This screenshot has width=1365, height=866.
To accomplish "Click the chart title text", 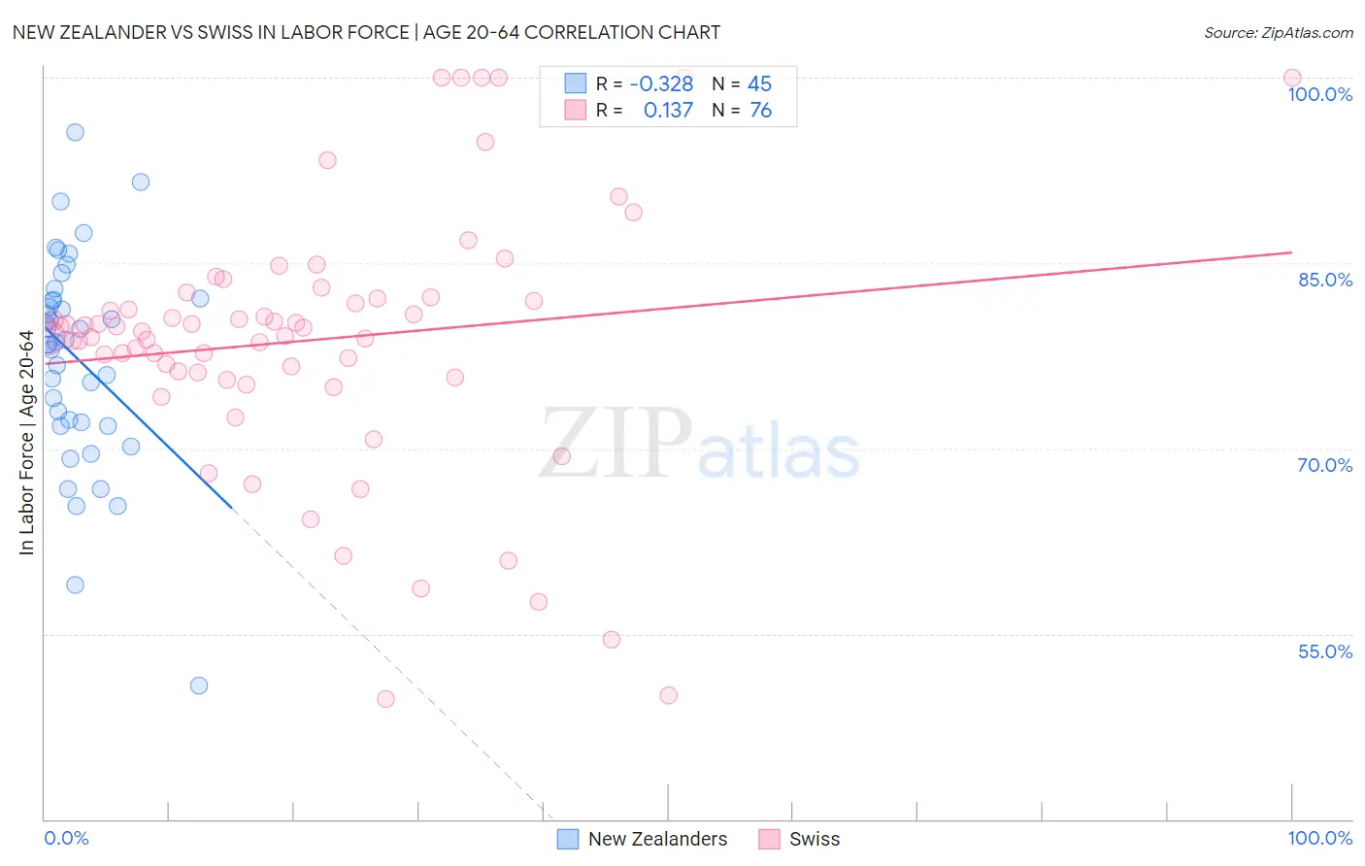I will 366,32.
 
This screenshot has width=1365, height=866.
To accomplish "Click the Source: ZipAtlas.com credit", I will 1278,32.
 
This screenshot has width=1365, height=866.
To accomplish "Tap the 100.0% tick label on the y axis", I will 1319,94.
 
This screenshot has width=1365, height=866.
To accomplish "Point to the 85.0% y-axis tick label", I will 1325,280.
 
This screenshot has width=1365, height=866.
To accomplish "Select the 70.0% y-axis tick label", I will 1325,465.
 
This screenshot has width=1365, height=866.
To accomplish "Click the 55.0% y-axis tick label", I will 1325,651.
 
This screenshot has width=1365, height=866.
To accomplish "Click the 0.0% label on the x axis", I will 66,838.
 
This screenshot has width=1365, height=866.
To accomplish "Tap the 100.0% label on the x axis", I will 1319,838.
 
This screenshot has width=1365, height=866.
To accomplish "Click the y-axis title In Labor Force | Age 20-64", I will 26,443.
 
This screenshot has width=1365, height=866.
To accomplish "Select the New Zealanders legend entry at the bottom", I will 657,839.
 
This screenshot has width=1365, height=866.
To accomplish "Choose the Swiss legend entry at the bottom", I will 815,839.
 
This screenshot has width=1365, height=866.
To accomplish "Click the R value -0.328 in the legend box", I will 661,83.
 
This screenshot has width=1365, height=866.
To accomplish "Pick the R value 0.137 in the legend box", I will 668,111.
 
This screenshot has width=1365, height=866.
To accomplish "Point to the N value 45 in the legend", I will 759,83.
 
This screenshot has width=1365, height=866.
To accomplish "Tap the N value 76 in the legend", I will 760,111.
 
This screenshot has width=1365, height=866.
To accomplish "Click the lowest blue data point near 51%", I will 199,685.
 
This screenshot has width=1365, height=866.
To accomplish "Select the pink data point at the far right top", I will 1292,78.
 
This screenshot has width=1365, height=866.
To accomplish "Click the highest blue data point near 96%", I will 75,132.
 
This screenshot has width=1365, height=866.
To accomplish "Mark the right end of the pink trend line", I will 1291,252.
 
